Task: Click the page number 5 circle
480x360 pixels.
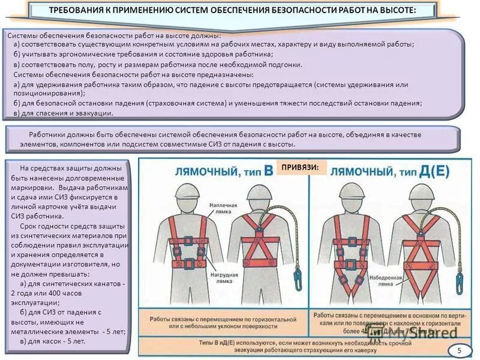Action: click(460, 350)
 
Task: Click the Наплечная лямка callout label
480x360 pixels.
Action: click(223, 208)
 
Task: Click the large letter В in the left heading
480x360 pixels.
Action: click(269, 170)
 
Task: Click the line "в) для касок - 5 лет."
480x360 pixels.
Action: click(53, 341)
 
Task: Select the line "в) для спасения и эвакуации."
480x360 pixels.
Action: click(63, 112)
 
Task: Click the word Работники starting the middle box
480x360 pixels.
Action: click(47, 135)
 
